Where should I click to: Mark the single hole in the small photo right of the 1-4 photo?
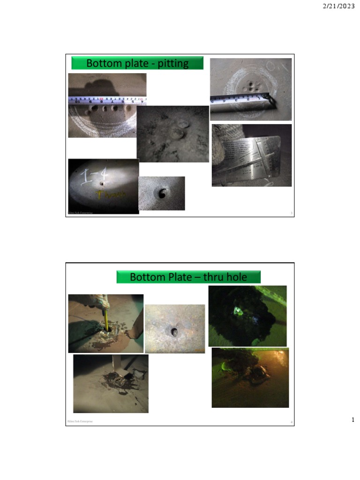coord(163,193)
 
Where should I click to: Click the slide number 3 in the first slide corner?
coord(291,213)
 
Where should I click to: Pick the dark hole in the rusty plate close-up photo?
coord(174,332)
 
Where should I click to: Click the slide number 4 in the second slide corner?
coord(291,423)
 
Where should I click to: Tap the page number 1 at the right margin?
coord(353,420)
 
